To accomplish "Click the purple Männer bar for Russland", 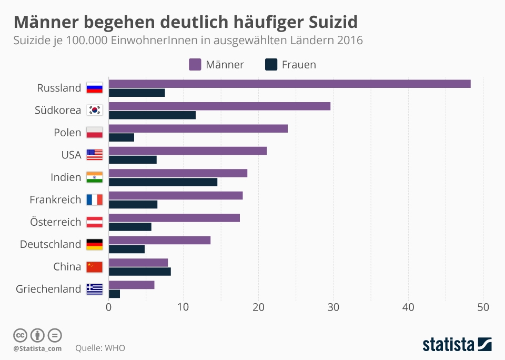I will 289,84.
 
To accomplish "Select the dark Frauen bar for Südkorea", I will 152,115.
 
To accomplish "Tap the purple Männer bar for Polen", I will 198,128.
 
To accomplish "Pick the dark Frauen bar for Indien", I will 163,182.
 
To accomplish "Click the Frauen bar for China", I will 140,272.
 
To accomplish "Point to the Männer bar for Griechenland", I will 132,285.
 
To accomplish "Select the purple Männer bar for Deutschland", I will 159,240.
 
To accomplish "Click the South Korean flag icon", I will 95,110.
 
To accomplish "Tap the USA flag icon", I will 95,155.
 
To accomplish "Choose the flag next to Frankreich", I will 95,199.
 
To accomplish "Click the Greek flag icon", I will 95,289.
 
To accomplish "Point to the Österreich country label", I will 56,222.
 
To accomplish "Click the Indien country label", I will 66,177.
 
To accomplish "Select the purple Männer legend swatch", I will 195,65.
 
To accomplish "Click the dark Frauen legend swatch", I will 271,65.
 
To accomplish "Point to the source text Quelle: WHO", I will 100,348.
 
